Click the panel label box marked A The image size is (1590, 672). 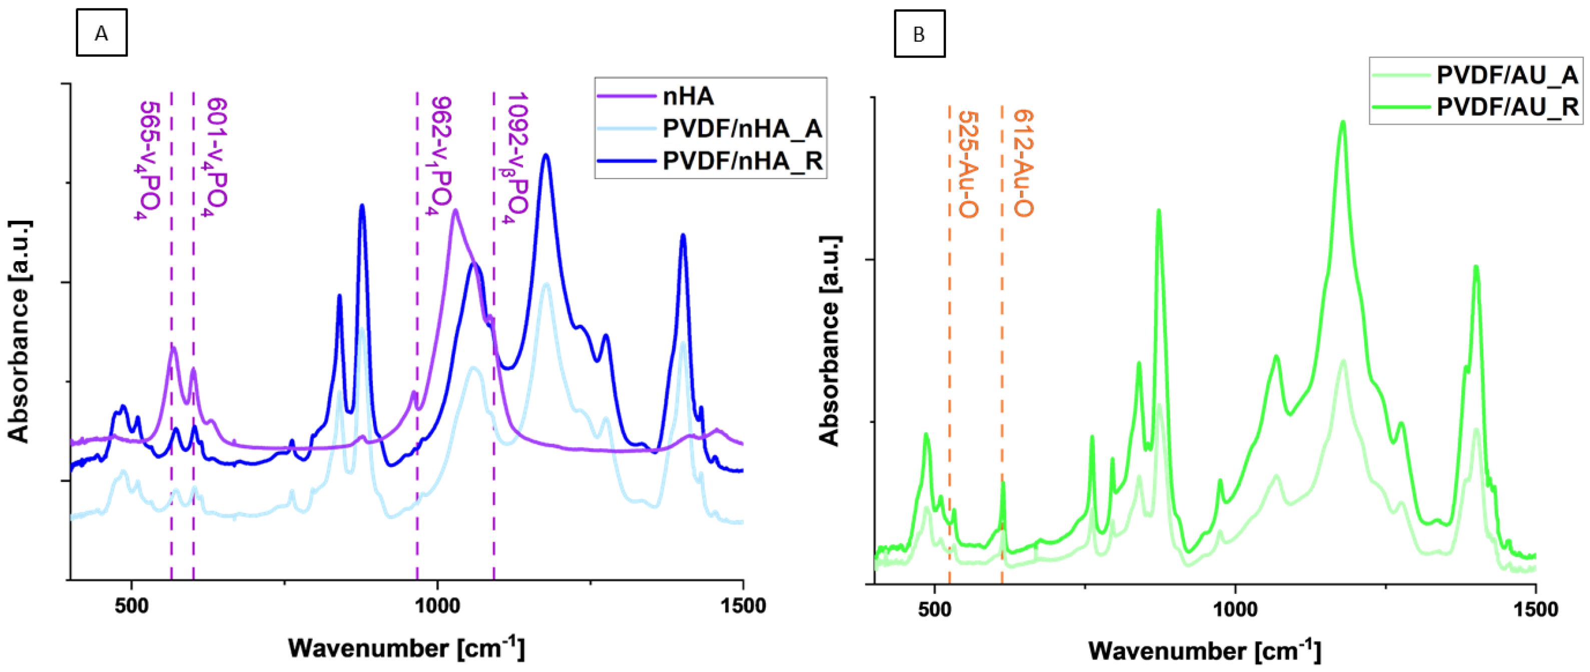coord(101,33)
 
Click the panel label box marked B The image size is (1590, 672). coord(919,34)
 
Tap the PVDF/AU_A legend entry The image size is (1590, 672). coord(1506,75)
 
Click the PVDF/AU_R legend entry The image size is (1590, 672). coord(1506,107)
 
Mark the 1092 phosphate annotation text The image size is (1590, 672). coord(515,157)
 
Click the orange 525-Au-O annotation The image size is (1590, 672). coord(967,164)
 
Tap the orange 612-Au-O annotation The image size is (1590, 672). coord(1022,163)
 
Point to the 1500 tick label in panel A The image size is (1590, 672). coord(743,605)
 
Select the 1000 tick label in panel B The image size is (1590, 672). coord(1235,609)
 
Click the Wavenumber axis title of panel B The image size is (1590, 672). coord(1204,650)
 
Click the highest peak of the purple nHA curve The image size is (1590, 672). coord(455,211)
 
